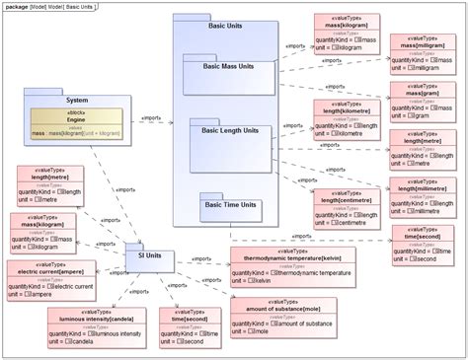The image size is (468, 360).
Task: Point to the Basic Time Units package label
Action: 227,205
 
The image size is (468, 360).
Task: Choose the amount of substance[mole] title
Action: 283,310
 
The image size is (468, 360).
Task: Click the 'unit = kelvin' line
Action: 256,280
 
